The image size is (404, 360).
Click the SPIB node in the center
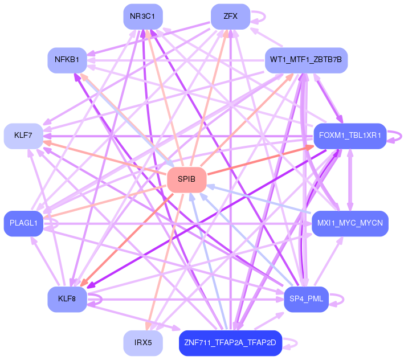[x=187, y=179]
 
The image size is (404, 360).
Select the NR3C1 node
[x=143, y=17]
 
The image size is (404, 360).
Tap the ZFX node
[x=230, y=17]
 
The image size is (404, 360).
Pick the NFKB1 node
[x=67, y=60]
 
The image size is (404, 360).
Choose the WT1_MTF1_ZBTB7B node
[x=307, y=60]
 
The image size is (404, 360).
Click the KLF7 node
[x=23, y=136]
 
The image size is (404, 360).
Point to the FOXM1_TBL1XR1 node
[x=350, y=136]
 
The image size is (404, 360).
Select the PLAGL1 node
[x=23, y=223]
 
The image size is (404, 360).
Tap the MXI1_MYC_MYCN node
[x=350, y=223]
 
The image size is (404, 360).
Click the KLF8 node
[x=67, y=299]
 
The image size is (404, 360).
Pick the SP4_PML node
[x=307, y=299]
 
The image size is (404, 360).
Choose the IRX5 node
[x=143, y=343]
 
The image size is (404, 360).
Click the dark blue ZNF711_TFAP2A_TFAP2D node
[x=230, y=343]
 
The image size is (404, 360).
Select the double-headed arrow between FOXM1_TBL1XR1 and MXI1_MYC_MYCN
[x=350, y=180]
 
